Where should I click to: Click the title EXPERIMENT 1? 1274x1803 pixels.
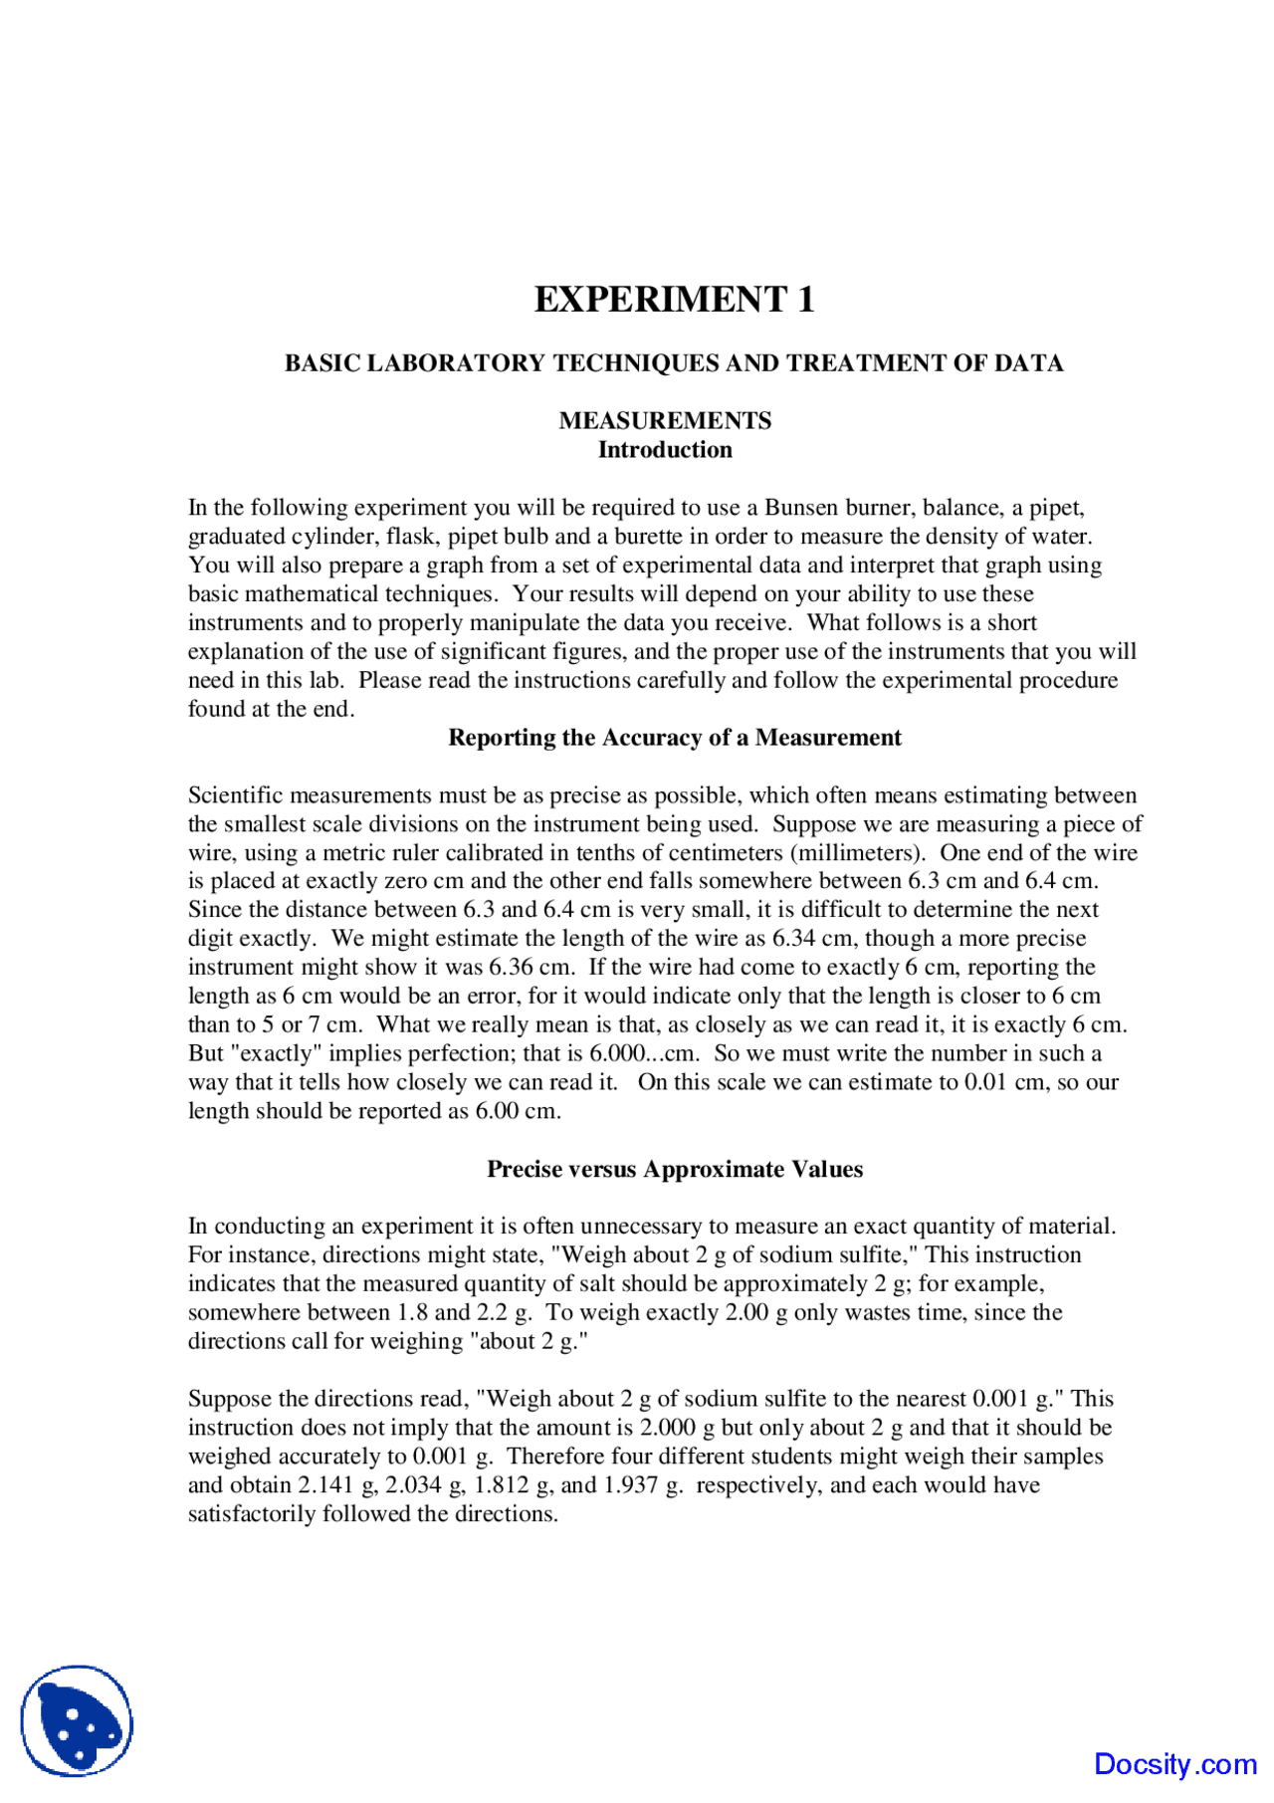point(674,300)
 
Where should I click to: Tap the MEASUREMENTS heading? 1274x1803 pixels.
point(665,421)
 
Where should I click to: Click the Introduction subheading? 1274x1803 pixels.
point(665,450)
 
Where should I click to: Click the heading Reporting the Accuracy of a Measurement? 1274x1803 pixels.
point(674,738)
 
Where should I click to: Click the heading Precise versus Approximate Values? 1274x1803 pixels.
point(674,1170)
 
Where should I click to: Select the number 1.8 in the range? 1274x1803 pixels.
point(412,1313)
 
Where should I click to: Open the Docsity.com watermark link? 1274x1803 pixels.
point(1174,1765)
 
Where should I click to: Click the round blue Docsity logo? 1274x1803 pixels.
point(77,1721)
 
